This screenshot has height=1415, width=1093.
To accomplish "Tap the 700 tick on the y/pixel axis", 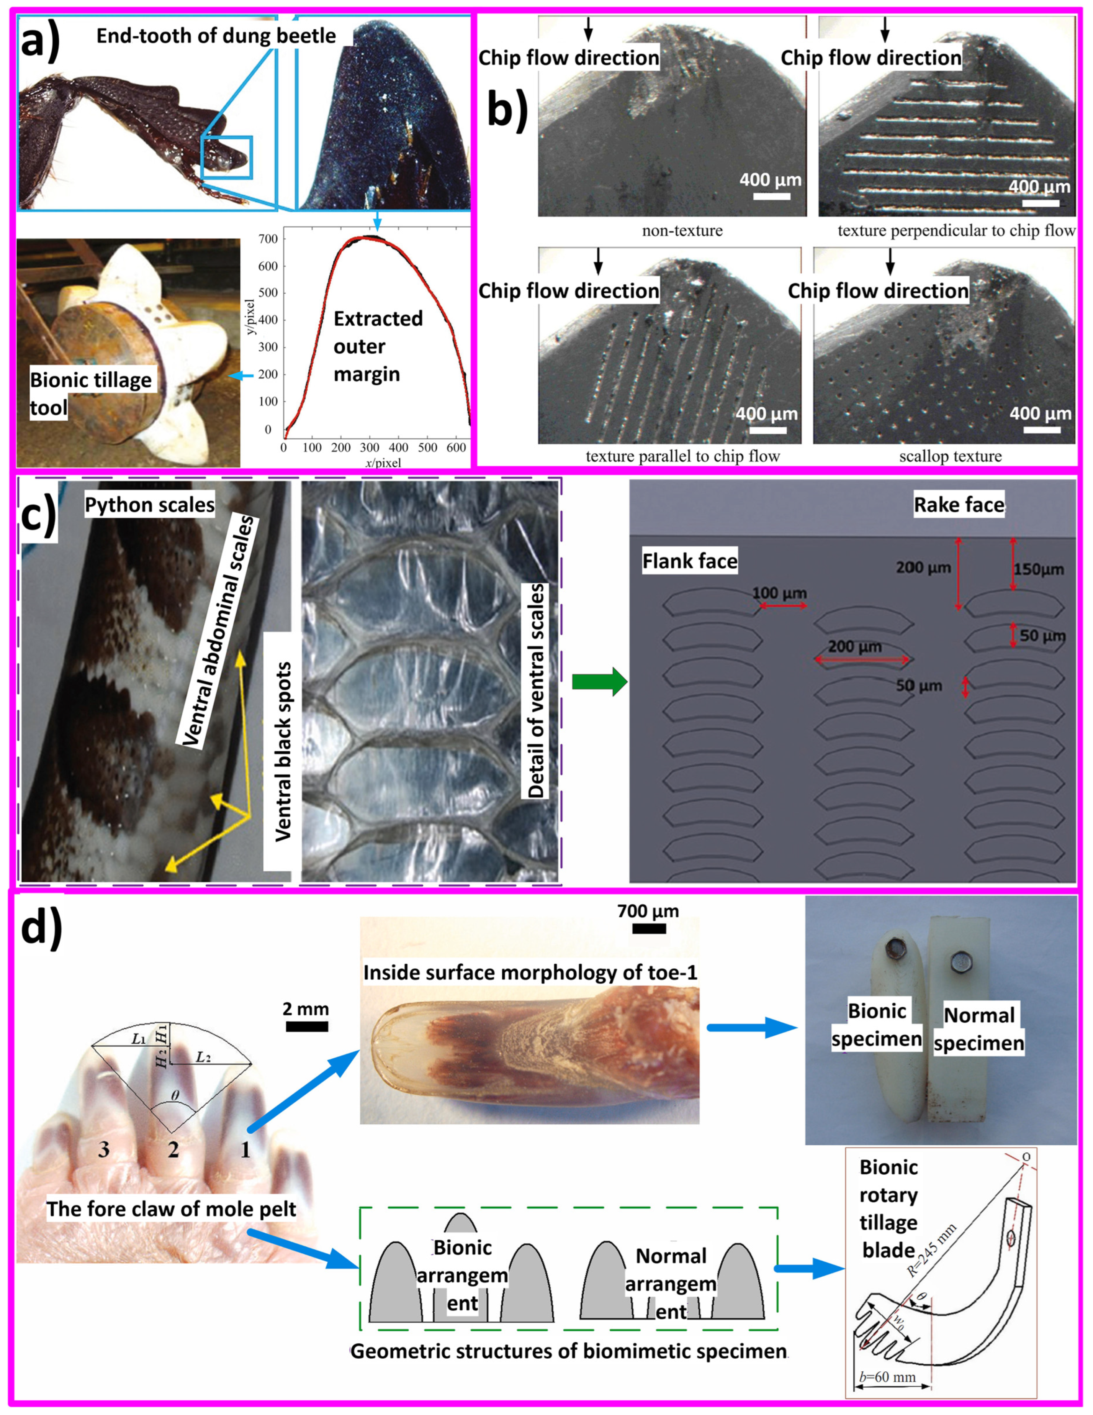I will coord(270,239).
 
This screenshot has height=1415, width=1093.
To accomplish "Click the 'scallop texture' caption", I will coord(950,456).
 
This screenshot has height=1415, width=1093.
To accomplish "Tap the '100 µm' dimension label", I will coord(779,593).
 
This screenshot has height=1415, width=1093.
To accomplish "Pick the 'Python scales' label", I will coord(150,505).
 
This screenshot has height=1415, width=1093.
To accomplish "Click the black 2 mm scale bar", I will coord(306,1026).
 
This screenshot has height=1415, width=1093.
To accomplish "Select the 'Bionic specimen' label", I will coord(877,1025).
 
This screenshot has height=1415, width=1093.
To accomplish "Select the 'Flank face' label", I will coord(690,561).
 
